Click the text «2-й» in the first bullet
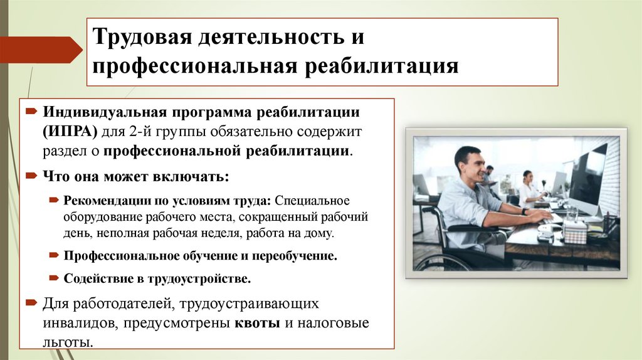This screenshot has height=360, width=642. click(137, 132)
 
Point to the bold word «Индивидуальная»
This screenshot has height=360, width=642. click(103, 112)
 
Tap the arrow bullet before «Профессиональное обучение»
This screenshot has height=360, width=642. click(55, 256)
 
